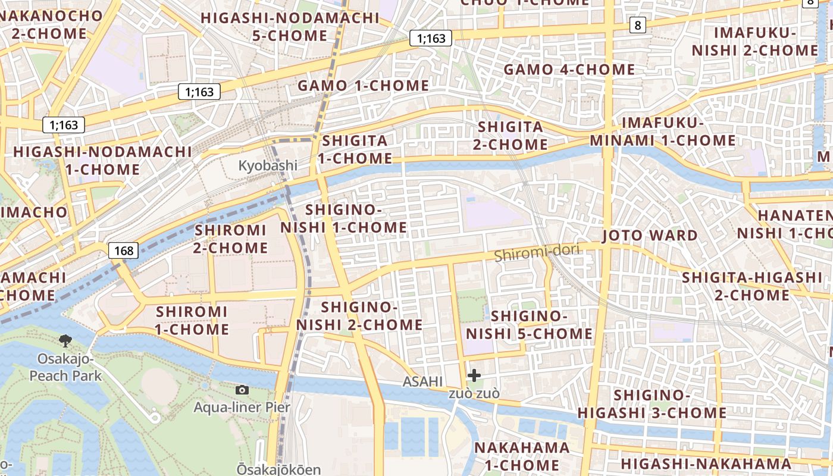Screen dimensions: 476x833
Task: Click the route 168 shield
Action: pyautogui.click(x=124, y=250)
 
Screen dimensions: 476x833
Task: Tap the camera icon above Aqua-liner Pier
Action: pyautogui.click(x=242, y=390)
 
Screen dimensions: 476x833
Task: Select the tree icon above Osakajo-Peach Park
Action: pyautogui.click(x=65, y=340)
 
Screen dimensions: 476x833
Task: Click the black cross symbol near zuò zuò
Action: pyautogui.click(x=474, y=375)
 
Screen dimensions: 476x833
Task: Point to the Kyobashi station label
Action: pyautogui.click(x=268, y=165)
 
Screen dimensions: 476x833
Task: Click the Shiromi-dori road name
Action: pyautogui.click(x=537, y=253)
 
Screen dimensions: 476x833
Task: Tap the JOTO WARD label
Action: pyautogui.click(x=650, y=235)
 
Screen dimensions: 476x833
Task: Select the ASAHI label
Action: pyautogui.click(x=423, y=381)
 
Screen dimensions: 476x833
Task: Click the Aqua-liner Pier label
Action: pyautogui.click(x=242, y=408)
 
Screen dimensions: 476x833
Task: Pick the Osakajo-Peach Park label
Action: pyautogui.click(x=65, y=367)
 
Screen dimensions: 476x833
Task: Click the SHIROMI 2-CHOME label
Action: pyautogui.click(x=230, y=239)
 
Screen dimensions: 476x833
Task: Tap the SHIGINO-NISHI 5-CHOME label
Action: pyautogui.click(x=529, y=325)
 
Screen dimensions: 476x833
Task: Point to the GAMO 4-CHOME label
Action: pyautogui.click(x=569, y=70)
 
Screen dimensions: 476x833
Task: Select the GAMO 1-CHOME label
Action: pyautogui.click(x=363, y=86)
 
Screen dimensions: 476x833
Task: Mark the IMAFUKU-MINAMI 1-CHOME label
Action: pyautogui.click(x=663, y=132)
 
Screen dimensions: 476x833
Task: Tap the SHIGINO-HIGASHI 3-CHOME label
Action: pyautogui.click(x=652, y=404)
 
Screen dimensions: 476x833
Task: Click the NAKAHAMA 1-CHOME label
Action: pyautogui.click(x=522, y=456)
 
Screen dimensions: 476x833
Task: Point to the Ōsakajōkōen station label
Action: pyautogui.click(x=278, y=469)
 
